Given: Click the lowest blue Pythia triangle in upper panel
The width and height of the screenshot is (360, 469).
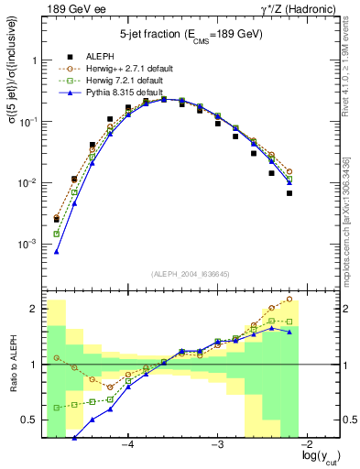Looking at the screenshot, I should pos(57,251).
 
